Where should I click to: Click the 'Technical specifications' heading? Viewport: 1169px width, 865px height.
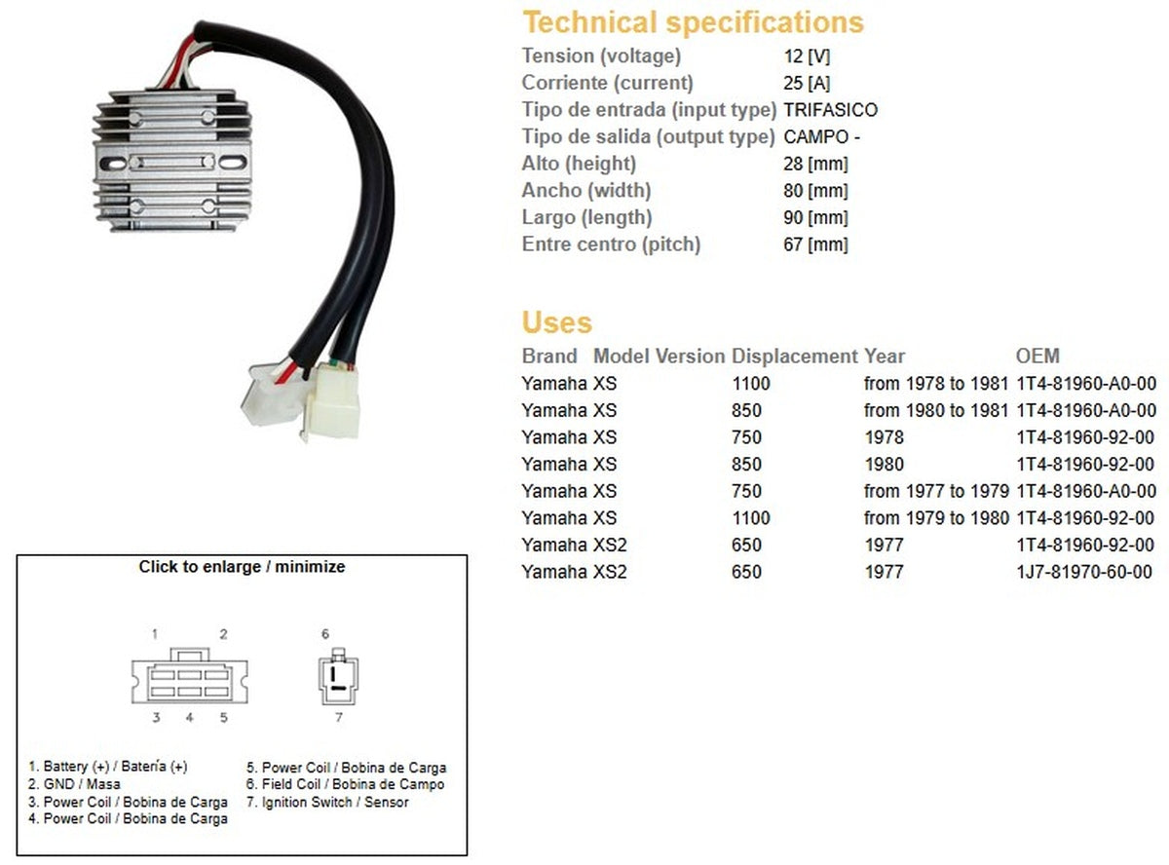point(693,22)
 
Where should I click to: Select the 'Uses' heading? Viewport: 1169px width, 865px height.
point(556,322)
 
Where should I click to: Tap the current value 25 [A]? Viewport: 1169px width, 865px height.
point(807,84)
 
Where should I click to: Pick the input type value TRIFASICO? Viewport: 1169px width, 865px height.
point(830,110)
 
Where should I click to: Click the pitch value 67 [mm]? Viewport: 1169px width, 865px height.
point(815,244)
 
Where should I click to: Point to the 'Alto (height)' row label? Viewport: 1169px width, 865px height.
point(579,164)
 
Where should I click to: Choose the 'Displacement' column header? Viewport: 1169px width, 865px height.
point(794,357)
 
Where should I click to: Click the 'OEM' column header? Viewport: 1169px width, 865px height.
point(1037,357)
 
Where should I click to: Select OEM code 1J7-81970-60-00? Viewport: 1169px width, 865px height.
point(1084,572)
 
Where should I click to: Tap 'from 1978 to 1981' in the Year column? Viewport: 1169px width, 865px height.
point(936,384)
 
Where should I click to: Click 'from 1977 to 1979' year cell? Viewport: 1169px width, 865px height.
point(936,491)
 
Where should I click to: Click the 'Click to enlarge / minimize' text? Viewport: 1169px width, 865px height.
point(242,566)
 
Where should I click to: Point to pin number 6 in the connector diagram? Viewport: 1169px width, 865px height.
point(325,634)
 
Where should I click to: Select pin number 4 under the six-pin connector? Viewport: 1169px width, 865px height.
point(190,719)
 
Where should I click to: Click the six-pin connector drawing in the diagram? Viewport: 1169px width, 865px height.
point(190,678)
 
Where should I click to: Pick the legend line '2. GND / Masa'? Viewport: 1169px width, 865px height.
point(75,784)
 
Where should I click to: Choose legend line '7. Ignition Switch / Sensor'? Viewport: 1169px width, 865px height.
point(327,802)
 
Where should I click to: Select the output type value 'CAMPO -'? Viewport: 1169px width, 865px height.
point(821,137)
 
